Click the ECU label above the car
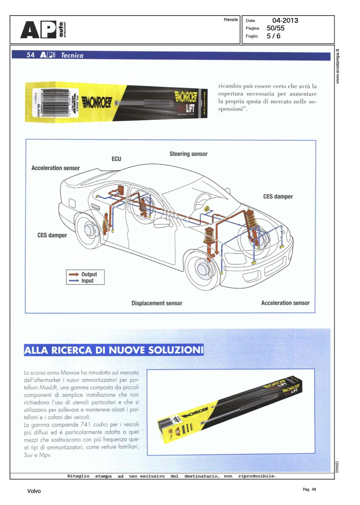tap(116, 159)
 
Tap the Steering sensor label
tap(188, 154)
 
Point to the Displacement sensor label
tap(157, 303)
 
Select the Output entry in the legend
tap(89, 274)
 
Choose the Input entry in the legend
tap(87, 280)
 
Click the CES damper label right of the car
tap(278, 196)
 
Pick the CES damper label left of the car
tap(52, 235)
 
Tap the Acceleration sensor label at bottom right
tap(285, 303)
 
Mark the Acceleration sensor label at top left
tap(56, 168)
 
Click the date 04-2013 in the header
tap(285, 21)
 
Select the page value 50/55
tap(275, 28)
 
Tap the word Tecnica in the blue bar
tap(72, 56)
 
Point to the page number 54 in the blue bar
tap(30, 55)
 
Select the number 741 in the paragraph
tap(86, 425)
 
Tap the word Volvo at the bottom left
tap(34, 491)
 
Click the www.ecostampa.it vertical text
tap(338, 66)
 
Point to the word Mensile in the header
tap(231, 20)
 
